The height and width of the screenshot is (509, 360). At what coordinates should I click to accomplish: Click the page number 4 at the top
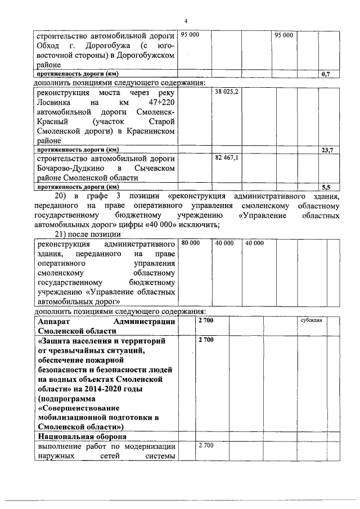point(186,21)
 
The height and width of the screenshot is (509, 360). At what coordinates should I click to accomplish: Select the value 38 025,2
point(227,92)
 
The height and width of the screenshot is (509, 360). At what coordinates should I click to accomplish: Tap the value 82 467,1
point(227,159)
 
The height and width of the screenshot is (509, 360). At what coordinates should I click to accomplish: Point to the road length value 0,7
point(325,74)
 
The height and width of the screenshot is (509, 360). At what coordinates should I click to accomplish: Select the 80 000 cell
point(190,243)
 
